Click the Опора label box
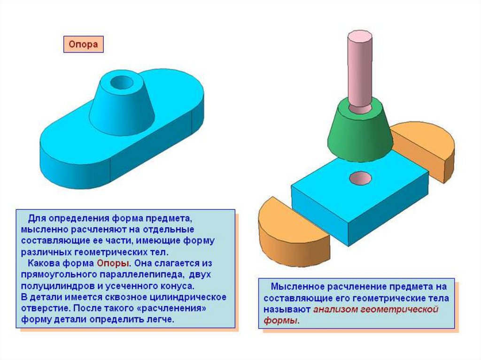coord(83,45)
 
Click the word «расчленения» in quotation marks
coord(177,308)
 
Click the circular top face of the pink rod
coord(360,36)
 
